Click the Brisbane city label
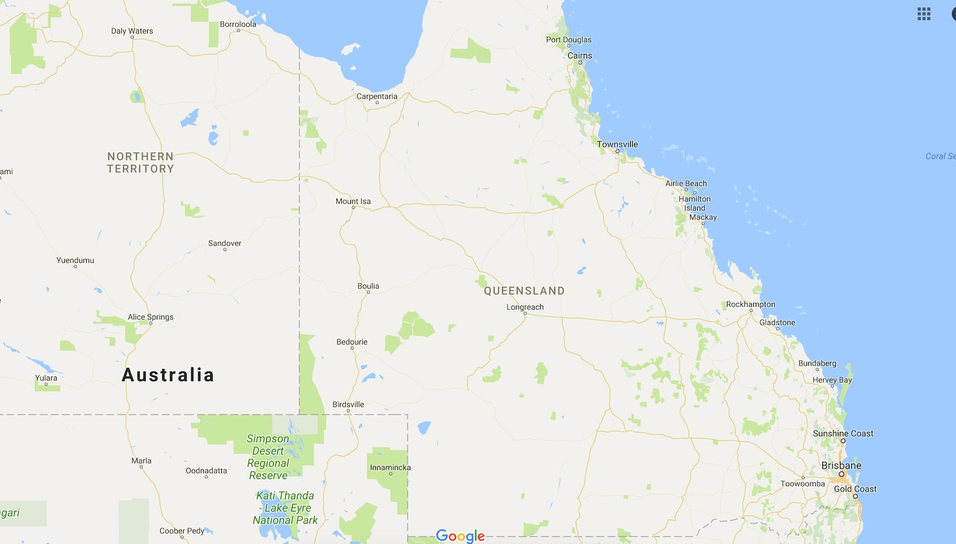841,465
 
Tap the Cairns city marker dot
580,62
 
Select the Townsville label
617,144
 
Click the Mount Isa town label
353,201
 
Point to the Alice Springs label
150,316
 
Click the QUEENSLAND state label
524,290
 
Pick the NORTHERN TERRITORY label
140,162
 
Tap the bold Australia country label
168,375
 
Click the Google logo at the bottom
460,536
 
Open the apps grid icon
923,14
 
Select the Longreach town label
525,307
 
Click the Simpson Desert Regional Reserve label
268,457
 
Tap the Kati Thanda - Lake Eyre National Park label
285,508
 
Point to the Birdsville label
348,404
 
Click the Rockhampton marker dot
751,310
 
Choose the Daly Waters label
132,31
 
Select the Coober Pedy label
182,530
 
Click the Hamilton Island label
694,203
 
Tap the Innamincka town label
390,467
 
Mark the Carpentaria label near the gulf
376,96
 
